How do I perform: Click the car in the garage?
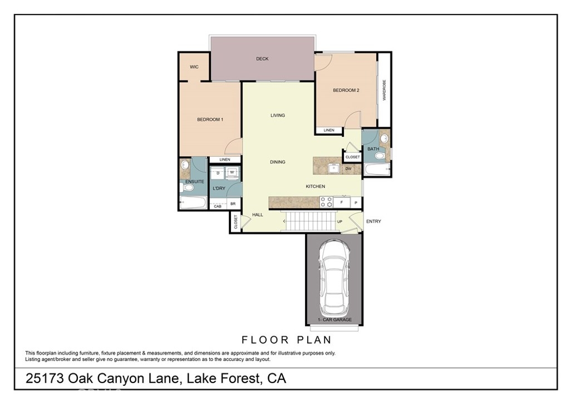[334, 278]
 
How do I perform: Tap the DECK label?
[262, 59]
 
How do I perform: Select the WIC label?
[194, 67]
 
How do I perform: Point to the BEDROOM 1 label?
[210, 120]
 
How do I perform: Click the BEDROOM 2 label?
[346, 90]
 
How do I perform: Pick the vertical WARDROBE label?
[384, 90]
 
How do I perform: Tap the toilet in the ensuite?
[187, 188]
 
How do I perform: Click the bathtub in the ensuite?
[193, 202]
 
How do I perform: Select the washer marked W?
[232, 172]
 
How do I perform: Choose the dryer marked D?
[218, 173]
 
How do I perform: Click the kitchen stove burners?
[326, 202]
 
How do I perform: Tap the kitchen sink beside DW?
[333, 168]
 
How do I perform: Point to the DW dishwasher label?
[348, 169]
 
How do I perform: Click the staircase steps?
[311, 221]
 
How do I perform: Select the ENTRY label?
[374, 221]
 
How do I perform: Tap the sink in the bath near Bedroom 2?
[384, 138]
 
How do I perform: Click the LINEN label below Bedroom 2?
[329, 130]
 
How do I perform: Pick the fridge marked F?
[342, 202]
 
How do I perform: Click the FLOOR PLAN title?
[287, 340]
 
